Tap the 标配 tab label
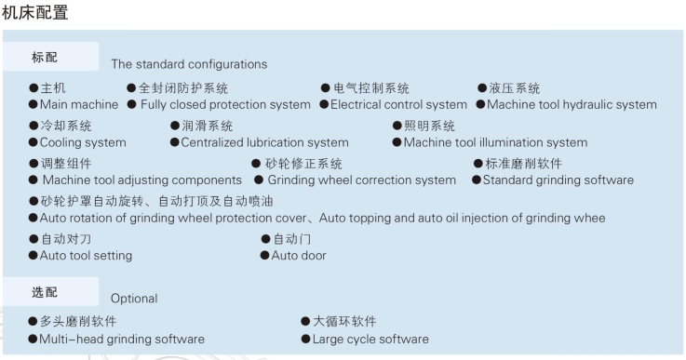click(45, 57)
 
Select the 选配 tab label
click(45, 292)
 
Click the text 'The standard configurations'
click(189, 64)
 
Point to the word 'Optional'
click(134, 299)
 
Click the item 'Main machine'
click(79, 104)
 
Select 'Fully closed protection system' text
click(225, 104)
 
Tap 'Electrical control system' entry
click(398, 104)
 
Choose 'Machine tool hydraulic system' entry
click(572, 104)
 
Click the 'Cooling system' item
click(83, 142)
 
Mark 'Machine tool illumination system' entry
click(495, 142)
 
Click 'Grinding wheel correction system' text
click(361, 180)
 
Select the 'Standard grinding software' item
click(558, 180)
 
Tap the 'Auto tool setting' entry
click(86, 255)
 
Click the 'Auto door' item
click(299, 255)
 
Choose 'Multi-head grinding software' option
click(121, 339)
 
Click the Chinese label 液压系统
click(514, 88)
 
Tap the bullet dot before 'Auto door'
click(265, 255)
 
